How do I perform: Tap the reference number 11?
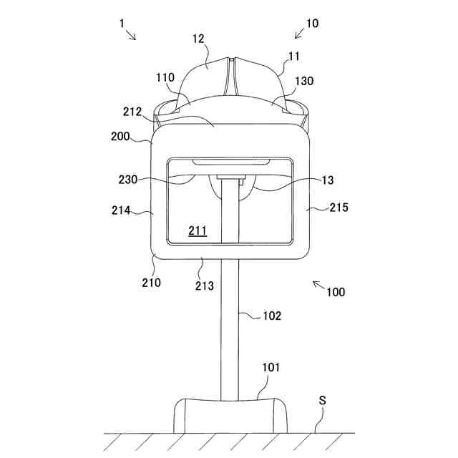[294, 54]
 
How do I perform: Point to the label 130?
[304, 82]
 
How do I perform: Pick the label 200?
[121, 135]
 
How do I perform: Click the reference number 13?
[328, 181]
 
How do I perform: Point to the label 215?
[339, 208]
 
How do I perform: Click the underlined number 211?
[197, 230]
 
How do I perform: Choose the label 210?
[151, 282]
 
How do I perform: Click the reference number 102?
[272, 315]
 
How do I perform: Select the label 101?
[271, 368]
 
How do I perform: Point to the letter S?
[322, 401]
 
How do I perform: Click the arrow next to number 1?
[131, 35]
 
